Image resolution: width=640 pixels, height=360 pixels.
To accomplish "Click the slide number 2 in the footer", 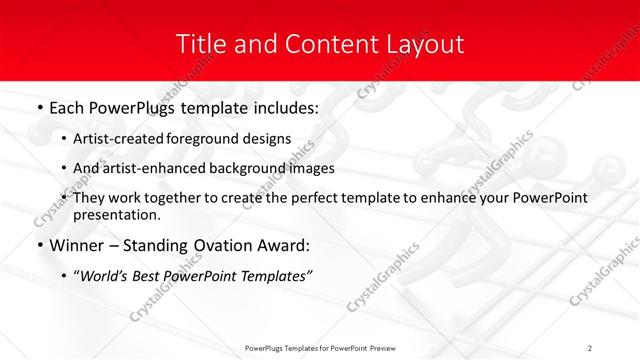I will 590,347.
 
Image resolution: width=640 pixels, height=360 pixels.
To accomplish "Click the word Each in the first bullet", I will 67,106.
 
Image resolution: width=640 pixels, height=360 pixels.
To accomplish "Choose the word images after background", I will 312,168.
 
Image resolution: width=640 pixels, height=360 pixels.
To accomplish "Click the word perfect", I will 312,198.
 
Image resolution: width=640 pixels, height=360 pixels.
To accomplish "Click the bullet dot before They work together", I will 65,198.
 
